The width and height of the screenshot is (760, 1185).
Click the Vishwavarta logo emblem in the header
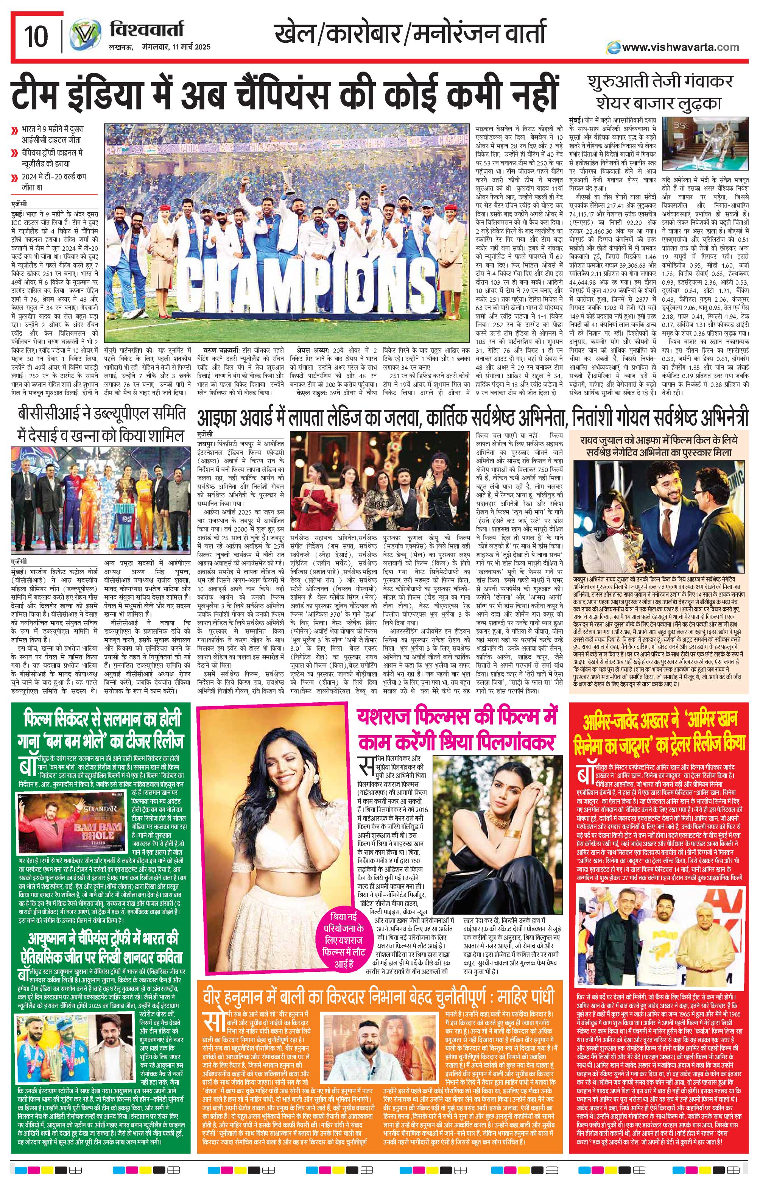[x=81, y=36]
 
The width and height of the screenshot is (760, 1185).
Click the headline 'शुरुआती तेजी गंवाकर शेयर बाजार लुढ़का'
[x=661, y=93]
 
